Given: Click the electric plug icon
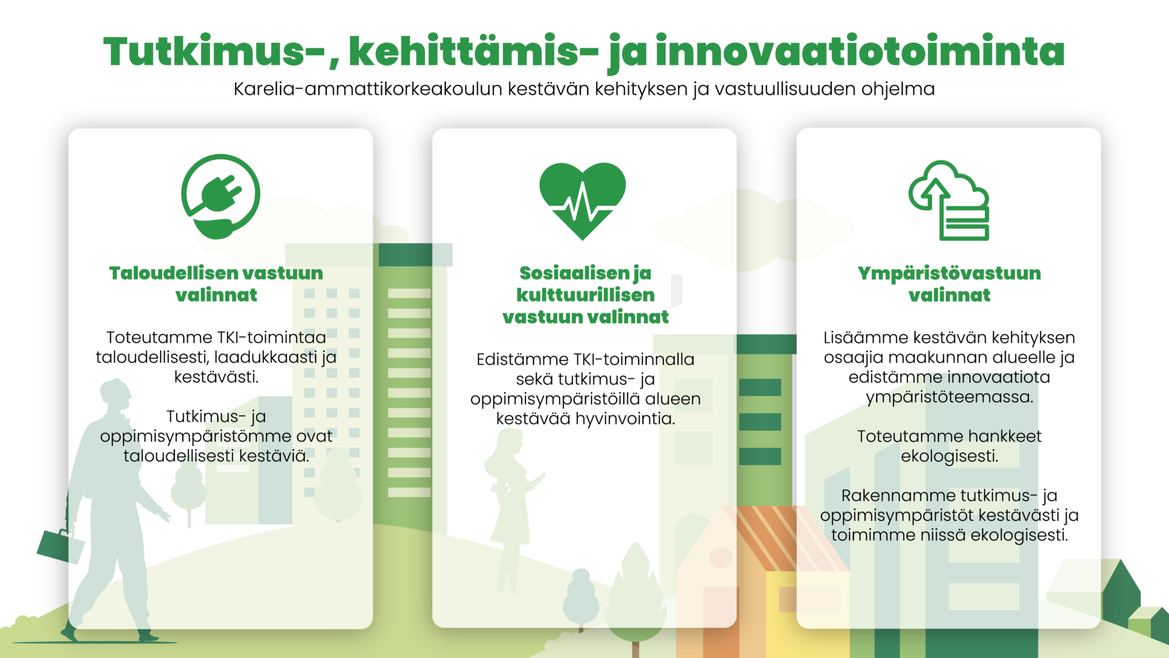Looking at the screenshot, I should coord(220,196).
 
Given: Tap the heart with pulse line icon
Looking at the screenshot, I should coord(583,199).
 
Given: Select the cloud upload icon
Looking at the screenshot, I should coord(949,200).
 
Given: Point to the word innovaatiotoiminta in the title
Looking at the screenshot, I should coord(860,51).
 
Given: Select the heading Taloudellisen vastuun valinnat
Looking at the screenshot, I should coord(216,283).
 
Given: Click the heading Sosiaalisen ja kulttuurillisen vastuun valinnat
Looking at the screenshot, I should coord(585,294).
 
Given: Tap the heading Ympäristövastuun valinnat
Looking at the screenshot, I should coord(949,283).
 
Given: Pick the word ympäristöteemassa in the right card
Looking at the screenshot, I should coord(949,396).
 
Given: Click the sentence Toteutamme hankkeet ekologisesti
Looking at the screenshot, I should coord(949,446).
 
